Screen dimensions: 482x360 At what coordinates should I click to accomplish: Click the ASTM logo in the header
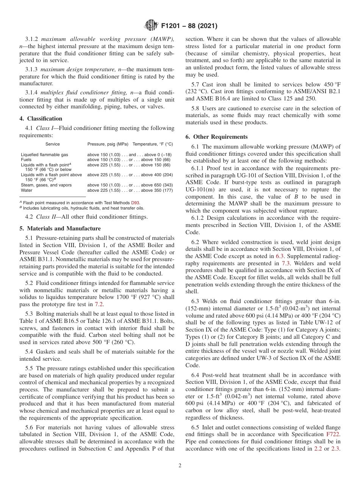click(151, 26)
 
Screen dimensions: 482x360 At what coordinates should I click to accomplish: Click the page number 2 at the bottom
click(180, 466)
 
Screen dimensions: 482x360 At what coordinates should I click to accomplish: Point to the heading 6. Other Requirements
click(216, 137)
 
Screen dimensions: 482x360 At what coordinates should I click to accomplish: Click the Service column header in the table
click(52, 144)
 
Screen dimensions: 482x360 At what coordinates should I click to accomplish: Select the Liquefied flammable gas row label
click(44, 155)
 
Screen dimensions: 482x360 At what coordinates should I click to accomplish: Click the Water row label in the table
click(27, 191)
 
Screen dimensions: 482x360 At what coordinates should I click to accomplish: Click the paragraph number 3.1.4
click(32, 93)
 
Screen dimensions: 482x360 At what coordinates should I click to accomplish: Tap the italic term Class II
click(46, 217)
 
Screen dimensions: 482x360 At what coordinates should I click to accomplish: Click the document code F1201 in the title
click(172, 27)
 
